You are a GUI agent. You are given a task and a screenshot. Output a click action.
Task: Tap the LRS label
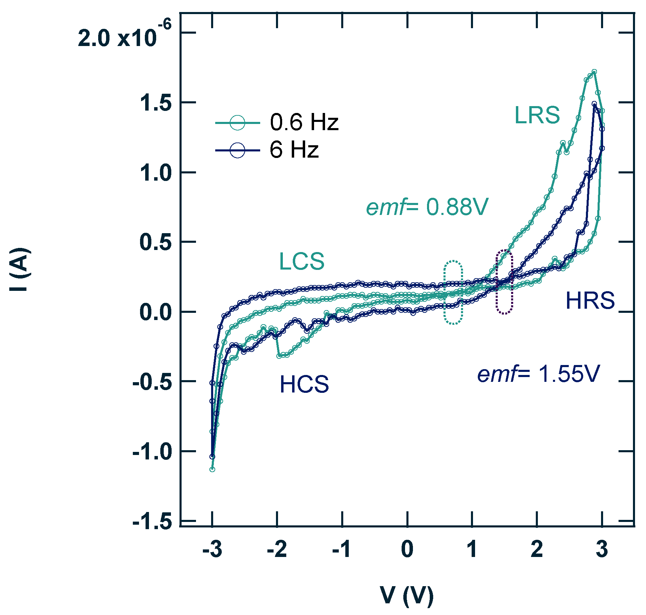point(537,115)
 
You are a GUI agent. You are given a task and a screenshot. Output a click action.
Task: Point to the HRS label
point(590,300)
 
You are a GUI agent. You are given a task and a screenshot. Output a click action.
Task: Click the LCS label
point(301,261)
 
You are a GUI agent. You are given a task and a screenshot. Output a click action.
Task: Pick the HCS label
point(304,384)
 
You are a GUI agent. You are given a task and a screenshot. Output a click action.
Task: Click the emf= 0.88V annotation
point(427,207)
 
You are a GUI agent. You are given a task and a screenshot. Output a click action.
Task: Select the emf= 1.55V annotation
point(538,374)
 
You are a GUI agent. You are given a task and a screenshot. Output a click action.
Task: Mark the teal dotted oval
point(453,292)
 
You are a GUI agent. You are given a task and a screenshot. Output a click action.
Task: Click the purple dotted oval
point(504,282)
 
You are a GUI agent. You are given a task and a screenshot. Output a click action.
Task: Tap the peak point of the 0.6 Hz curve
point(594,72)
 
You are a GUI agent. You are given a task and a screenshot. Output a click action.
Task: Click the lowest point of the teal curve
point(212,469)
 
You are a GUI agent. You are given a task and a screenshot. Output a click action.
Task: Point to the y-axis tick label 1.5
point(155,103)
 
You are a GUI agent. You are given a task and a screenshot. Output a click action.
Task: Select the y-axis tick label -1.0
point(152,451)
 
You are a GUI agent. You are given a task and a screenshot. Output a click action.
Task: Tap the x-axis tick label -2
point(277,550)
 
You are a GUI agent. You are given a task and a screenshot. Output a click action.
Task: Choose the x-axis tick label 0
point(407,550)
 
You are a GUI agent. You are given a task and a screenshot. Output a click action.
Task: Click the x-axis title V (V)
point(407,596)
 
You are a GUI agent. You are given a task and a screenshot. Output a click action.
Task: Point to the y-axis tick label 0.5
point(155,242)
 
